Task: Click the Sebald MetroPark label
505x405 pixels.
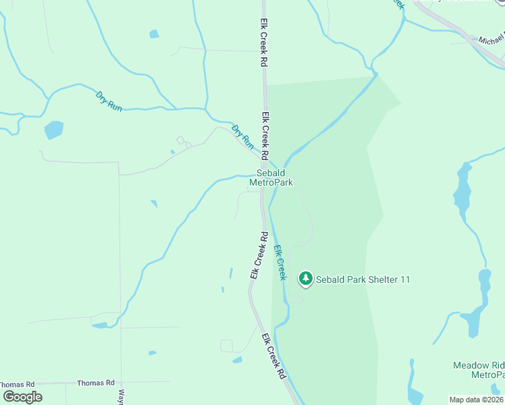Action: [271, 178]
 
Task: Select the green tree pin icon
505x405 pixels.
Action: [306, 278]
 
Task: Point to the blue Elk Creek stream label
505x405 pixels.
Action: [280, 263]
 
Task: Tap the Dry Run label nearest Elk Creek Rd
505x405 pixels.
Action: [242, 136]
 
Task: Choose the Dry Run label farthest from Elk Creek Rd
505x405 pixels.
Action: [109, 101]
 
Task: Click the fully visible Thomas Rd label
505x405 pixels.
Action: [96, 383]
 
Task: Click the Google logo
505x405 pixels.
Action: [22, 396]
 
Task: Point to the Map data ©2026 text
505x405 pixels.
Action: [477, 400]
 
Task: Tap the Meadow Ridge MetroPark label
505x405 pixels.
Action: [479, 370]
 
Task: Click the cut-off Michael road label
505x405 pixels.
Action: [491, 41]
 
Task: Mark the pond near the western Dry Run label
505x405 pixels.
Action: [53, 129]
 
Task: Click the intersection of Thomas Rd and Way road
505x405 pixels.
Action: [122, 383]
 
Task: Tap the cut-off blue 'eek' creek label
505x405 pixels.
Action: [398, 3]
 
